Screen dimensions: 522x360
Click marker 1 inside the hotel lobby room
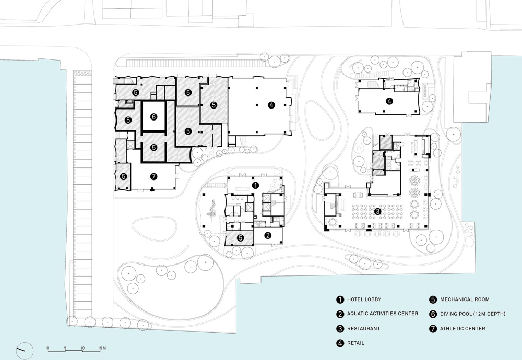tap(255, 185)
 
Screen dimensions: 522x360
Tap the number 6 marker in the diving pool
tap(153, 117)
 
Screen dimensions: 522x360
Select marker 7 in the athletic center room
tap(153, 177)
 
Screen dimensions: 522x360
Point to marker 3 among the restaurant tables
tap(377, 211)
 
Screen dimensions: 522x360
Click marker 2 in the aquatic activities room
tap(268, 235)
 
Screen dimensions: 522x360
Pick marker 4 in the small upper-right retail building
tap(389, 101)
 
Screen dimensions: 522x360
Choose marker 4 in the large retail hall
tap(271, 105)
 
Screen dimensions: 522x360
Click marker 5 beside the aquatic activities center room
tap(240, 238)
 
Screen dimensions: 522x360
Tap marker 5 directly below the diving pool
tap(153, 147)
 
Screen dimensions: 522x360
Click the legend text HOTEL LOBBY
tap(364, 299)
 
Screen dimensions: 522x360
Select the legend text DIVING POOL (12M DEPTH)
tap(473, 314)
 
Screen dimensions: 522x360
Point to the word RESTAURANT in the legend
tap(363, 328)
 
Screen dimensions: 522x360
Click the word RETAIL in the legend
tap(355, 343)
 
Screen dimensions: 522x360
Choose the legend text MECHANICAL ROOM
tap(465, 299)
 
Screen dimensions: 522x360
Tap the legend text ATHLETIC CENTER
tap(462, 328)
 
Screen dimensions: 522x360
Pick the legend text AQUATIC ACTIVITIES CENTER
tap(383, 314)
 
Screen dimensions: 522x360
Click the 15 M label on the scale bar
tap(102, 348)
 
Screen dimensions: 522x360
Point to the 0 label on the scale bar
tap(48, 348)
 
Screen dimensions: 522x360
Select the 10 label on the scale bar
tap(82, 348)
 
